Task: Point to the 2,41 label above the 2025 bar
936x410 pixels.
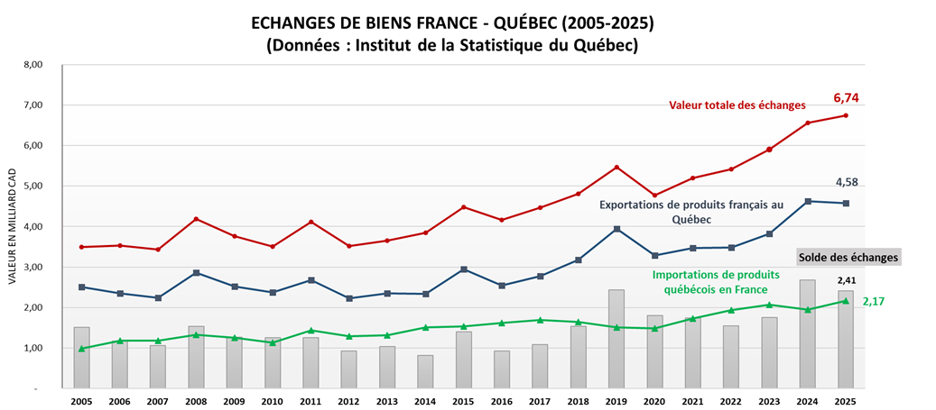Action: tap(846, 280)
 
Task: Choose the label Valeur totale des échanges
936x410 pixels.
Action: tap(737, 105)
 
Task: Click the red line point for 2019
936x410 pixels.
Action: tap(616, 168)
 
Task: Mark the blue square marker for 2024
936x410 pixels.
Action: tap(808, 201)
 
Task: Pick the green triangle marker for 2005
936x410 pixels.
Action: tap(82, 348)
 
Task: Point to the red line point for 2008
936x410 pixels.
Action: tap(197, 219)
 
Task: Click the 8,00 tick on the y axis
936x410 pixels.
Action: tap(32, 65)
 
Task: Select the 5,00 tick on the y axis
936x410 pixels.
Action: tap(32, 187)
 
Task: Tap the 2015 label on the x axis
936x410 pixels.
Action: tap(464, 401)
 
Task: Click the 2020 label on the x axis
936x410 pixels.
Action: tap(654, 401)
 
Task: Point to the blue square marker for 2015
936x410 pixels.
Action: tap(464, 269)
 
